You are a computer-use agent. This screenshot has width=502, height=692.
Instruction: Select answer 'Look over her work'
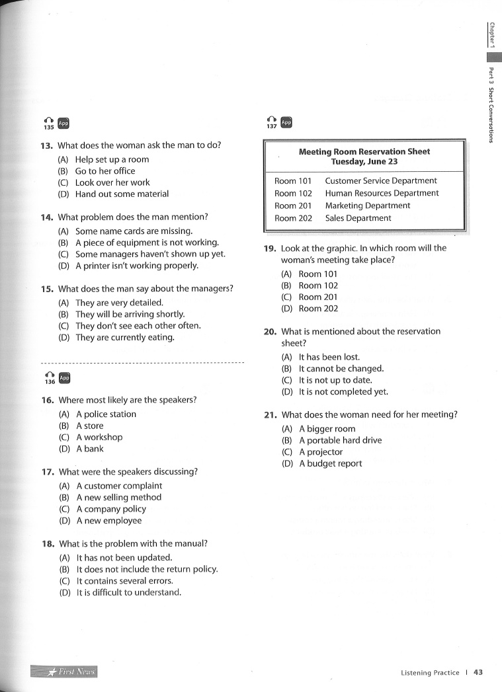pos(112,182)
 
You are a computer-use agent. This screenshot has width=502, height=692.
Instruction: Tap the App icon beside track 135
pos(63,123)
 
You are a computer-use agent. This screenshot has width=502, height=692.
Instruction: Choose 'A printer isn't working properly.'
pos(136,266)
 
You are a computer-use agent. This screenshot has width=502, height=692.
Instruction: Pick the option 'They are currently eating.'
pos(124,338)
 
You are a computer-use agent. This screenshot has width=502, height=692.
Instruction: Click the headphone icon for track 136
pos(49,376)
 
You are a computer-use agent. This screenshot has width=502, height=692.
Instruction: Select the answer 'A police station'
pos(106,414)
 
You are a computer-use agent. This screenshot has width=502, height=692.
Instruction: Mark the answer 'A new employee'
pos(108,521)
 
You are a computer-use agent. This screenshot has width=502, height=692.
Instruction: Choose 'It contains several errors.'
pos(124,581)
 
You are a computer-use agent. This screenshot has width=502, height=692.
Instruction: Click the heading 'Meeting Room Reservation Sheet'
pos(364,151)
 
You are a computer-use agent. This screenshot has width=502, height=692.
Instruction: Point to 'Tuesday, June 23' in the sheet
pos(364,161)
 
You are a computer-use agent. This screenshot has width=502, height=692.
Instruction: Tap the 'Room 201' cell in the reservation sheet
pos(293,206)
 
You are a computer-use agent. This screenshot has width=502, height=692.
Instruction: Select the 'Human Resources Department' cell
pos(382,193)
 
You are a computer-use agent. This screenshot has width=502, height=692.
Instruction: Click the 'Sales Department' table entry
pos(358,218)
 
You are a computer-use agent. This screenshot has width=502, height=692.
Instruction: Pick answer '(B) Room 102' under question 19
pos(317,286)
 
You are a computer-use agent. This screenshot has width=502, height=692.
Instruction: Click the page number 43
pos(478,673)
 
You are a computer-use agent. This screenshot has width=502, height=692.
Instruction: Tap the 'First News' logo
pos(64,672)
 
